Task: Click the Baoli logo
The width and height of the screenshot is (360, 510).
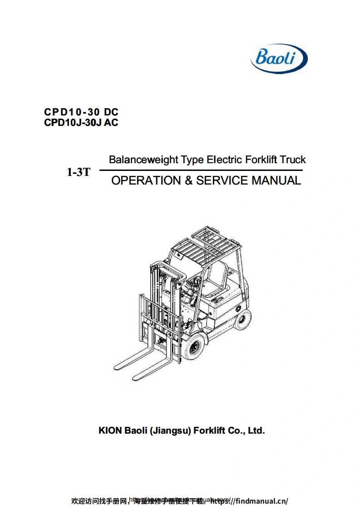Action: (x=279, y=58)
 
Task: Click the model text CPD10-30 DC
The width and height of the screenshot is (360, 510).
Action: (x=81, y=112)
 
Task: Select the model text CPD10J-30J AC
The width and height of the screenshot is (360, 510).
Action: (x=81, y=122)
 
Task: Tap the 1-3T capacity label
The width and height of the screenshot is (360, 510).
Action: (x=79, y=172)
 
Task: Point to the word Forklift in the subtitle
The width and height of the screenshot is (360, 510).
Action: (x=261, y=160)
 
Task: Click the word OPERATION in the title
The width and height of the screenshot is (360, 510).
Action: (x=146, y=180)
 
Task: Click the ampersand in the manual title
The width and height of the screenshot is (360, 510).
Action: (x=188, y=180)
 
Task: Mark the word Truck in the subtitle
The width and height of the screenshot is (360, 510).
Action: (x=293, y=160)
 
